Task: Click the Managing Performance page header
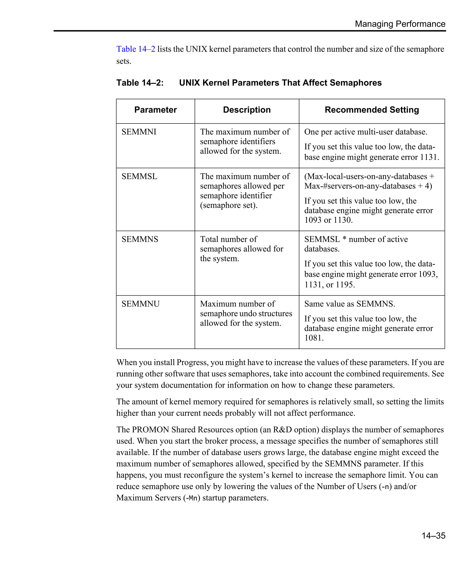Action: point(400,24)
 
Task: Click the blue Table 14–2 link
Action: point(136,49)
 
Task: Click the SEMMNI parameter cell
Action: point(139,132)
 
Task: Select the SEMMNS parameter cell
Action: point(140,239)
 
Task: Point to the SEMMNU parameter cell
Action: point(141,304)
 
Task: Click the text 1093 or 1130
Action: point(328,220)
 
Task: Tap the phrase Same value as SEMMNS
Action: point(349,304)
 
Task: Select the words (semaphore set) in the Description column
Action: point(229,205)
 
